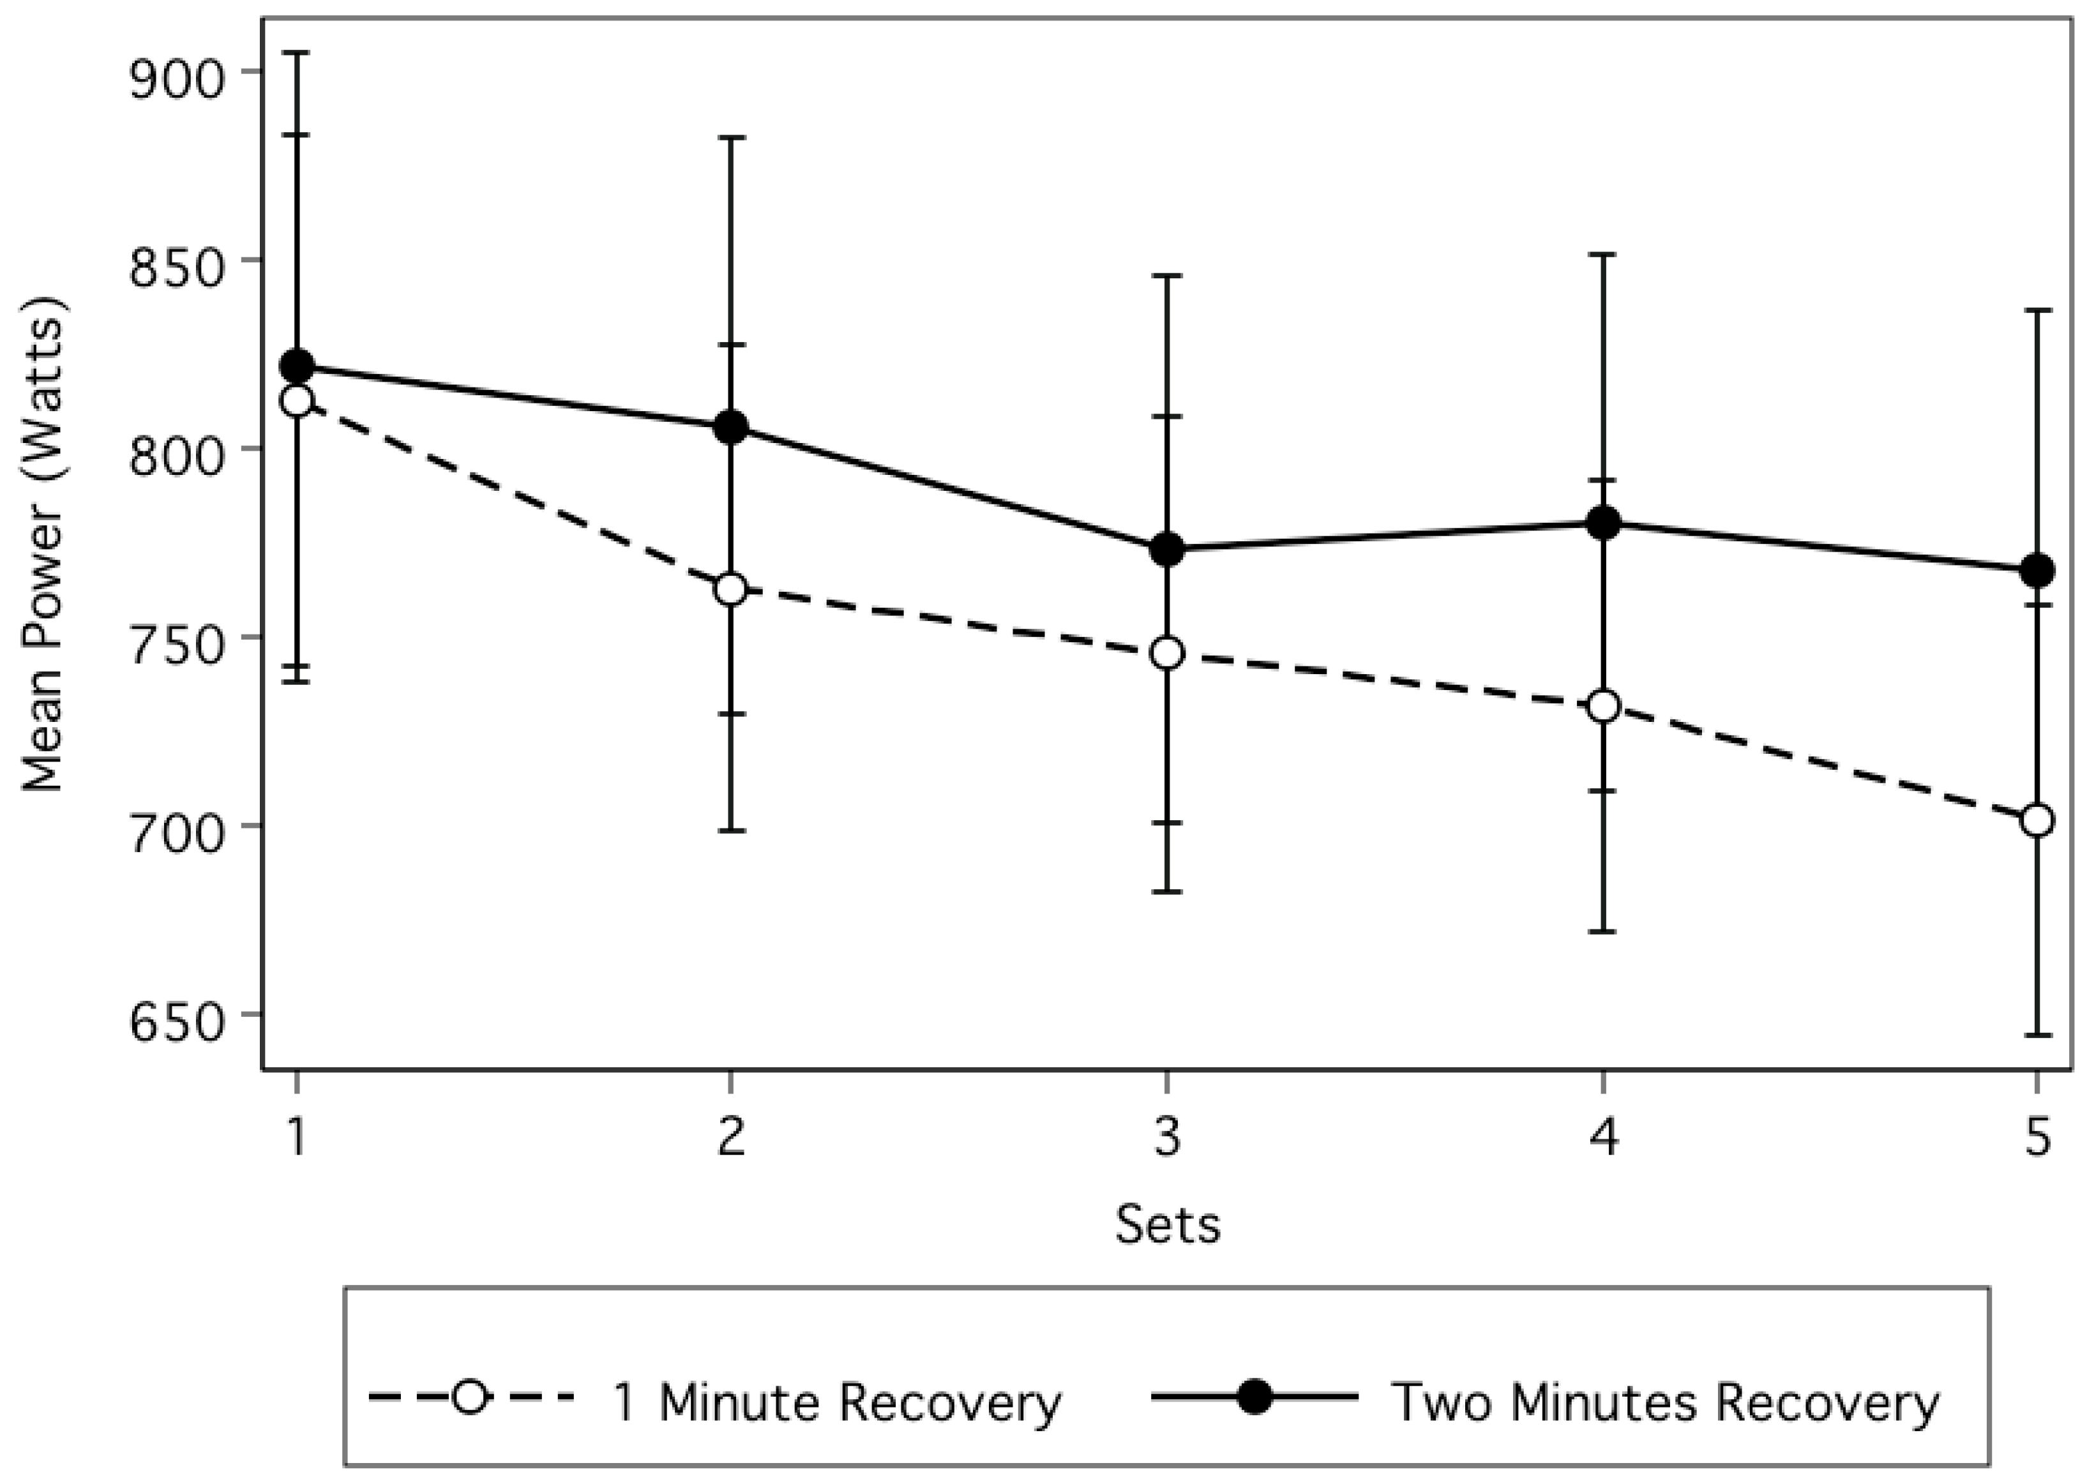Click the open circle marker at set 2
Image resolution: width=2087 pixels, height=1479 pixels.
click(730, 589)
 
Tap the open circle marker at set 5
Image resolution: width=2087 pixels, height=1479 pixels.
click(2037, 820)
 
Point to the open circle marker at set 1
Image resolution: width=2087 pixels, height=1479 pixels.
click(297, 401)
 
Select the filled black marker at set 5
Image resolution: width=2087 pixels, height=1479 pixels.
click(2037, 571)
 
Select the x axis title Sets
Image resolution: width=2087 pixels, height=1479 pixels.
click(1167, 1225)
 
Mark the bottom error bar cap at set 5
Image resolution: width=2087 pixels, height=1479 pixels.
click(2037, 1035)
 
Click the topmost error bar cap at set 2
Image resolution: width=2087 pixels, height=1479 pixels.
click(730, 137)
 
